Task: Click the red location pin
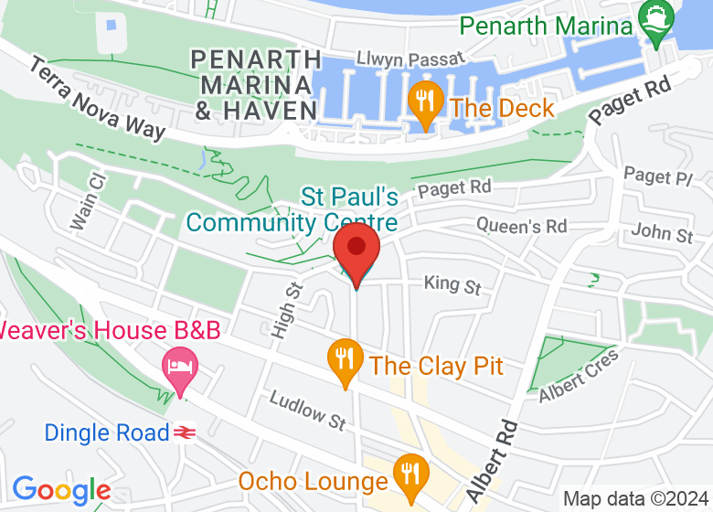coord(356,250)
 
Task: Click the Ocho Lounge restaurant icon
coord(408,473)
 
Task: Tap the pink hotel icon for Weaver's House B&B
coord(179,368)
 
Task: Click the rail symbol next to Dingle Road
coord(186,432)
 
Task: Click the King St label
coord(452,284)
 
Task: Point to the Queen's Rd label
coord(521,225)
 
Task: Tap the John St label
coord(662,232)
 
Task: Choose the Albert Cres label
coord(579,374)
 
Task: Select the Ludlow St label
coord(307,411)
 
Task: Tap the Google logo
coord(61,491)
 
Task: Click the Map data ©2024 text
coord(635,499)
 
